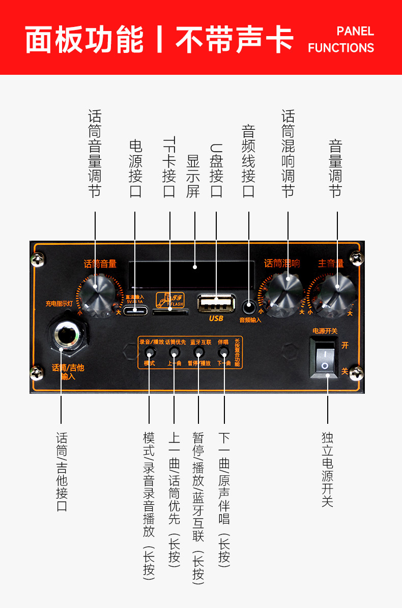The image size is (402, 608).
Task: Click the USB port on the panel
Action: tap(216, 304)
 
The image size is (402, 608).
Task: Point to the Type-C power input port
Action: tap(135, 311)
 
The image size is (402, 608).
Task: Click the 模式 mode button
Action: tap(150, 352)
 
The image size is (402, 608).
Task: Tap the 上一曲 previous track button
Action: tap(174, 352)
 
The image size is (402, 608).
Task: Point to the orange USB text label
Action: tap(216, 319)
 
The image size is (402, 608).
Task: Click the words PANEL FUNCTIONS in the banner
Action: tap(341, 40)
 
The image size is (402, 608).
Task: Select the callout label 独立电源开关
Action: tap(328, 469)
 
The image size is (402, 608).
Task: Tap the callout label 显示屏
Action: tap(193, 176)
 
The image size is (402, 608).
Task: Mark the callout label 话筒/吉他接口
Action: tap(62, 471)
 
